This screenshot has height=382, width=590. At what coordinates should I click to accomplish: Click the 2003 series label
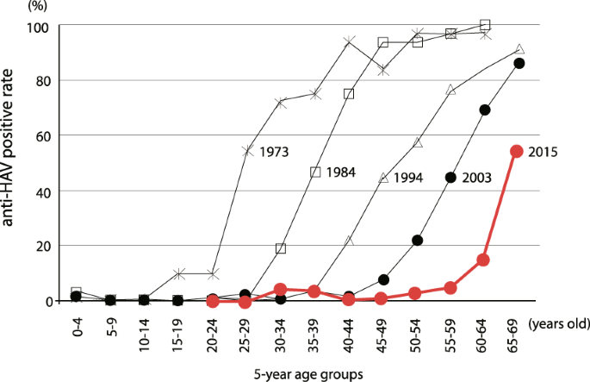click(x=475, y=178)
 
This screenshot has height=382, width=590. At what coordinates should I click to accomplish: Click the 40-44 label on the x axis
click(x=349, y=331)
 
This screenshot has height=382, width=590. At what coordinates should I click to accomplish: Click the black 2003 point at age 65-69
click(x=519, y=64)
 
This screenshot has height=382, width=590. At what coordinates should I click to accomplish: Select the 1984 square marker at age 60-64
click(x=485, y=25)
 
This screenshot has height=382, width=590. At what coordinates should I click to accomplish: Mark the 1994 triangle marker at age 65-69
click(x=519, y=49)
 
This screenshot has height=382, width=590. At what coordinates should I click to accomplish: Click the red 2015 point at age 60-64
click(x=484, y=260)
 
